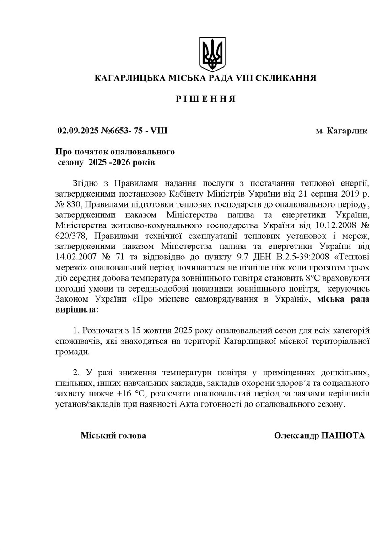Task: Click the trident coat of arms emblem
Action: [x=212, y=54]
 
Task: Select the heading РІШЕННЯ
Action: [x=205, y=99]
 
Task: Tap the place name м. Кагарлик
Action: [x=342, y=131]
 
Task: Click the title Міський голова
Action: [x=113, y=435]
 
